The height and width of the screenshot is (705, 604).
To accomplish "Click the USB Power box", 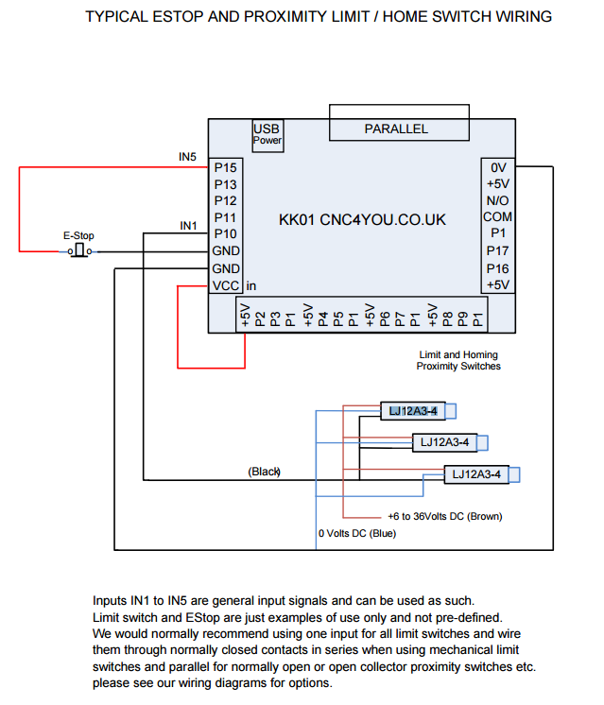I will [267, 134].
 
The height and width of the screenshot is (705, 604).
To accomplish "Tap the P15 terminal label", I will [225, 167].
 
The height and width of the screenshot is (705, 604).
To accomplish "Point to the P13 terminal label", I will [225, 184].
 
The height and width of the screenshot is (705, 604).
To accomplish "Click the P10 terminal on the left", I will [225, 234].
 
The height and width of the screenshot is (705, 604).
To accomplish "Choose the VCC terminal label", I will [225, 285].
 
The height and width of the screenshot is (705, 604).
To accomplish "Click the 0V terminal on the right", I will [498, 167].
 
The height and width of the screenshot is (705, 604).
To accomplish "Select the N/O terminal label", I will [498, 201].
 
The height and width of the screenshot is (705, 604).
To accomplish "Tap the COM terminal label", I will [498, 217].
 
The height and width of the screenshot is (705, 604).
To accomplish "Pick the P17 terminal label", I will [498, 251].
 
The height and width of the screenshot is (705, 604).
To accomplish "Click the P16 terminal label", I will [498, 268].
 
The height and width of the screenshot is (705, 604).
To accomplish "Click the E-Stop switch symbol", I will [79, 250].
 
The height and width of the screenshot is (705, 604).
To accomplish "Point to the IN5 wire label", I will [187, 156].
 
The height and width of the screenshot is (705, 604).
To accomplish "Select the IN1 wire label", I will [188, 225].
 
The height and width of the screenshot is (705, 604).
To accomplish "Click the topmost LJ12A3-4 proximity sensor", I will [415, 410].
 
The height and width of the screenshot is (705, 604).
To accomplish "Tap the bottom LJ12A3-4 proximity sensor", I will [478, 474].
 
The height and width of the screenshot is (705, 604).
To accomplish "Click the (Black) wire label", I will [264, 471].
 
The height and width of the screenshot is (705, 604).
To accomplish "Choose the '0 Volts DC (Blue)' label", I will [357, 534].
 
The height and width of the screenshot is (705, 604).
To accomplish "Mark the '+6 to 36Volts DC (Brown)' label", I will [444, 517].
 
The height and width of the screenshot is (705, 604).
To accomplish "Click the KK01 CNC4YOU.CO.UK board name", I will [362, 220].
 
